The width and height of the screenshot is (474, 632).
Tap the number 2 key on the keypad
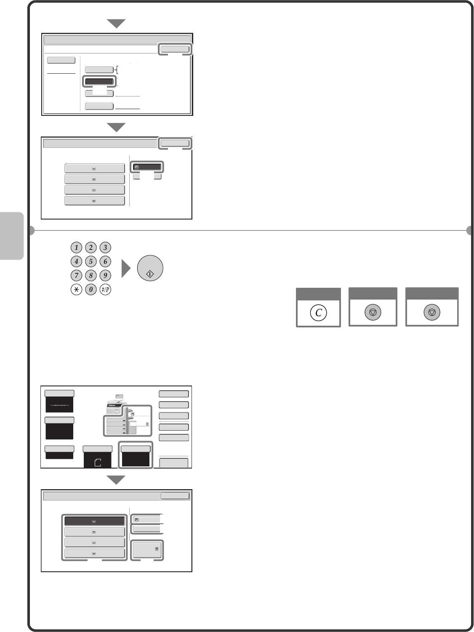[91, 247]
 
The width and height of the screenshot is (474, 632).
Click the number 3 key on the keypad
[105, 247]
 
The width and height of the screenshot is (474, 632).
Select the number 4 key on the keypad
[77, 262]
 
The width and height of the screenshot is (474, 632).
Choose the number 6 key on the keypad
[105, 262]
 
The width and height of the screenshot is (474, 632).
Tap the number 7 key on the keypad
[77, 275]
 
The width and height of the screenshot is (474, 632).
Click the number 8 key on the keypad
[91, 275]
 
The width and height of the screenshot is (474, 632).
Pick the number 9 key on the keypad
[105, 275]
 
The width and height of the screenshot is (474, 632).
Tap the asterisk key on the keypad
[77, 289]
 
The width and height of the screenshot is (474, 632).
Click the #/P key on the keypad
[105, 289]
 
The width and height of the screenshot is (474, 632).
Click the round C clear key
[318, 312]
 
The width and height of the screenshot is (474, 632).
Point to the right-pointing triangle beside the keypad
[126, 268]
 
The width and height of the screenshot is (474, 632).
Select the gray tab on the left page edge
[11, 236]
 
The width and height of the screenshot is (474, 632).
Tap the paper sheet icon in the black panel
[98, 462]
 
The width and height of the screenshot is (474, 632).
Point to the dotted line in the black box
[59, 405]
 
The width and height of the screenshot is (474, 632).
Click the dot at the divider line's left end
[32, 230]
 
